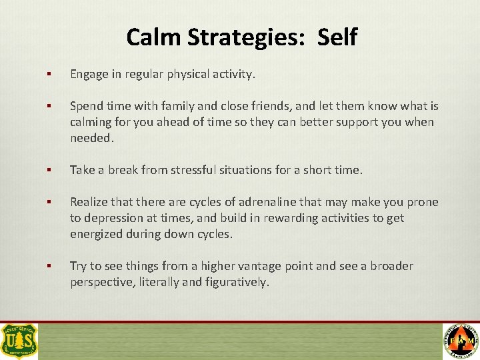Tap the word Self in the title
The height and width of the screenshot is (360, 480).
(x=337, y=37)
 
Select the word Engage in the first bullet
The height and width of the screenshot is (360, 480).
(x=88, y=75)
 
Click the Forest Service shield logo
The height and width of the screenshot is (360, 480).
(x=19, y=341)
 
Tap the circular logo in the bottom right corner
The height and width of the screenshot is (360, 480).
(x=461, y=341)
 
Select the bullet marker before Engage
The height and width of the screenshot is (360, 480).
(x=49, y=75)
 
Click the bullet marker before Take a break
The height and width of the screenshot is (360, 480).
(x=49, y=170)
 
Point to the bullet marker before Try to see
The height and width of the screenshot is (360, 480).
(x=49, y=266)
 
